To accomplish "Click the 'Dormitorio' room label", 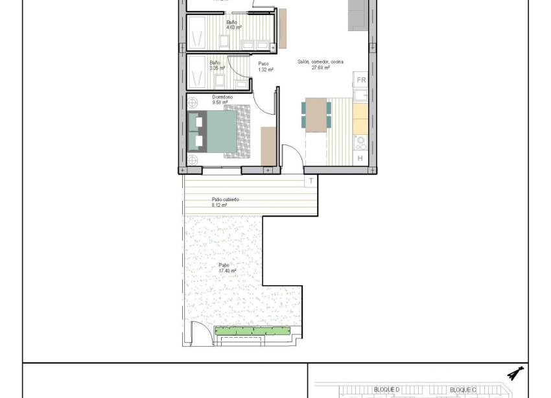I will (222, 97).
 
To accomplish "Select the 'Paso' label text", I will (263, 64).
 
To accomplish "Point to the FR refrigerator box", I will (361, 80).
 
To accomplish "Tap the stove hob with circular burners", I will (360, 141).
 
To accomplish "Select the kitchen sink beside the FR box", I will (360, 95).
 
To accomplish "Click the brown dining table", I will (316, 114).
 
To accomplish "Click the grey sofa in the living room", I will (358, 15).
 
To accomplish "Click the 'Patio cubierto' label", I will (225, 200).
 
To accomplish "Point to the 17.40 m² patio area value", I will (227, 271).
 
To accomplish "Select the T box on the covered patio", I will (311, 181).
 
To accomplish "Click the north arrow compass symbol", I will (515, 373).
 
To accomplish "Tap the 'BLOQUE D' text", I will (387, 390).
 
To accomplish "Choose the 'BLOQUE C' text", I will (463, 390).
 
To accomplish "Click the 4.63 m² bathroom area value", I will (234, 28).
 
